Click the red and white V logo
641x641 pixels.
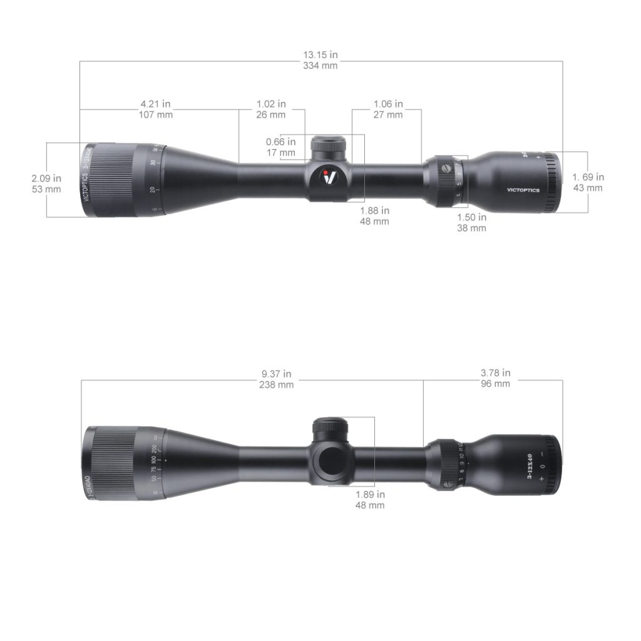[329, 177]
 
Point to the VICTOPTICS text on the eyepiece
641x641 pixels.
[523, 190]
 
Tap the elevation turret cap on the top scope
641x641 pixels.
[329, 145]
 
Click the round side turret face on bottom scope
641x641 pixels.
[331, 461]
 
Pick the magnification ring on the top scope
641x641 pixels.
[447, 180]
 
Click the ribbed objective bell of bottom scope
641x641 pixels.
[113, 463]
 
